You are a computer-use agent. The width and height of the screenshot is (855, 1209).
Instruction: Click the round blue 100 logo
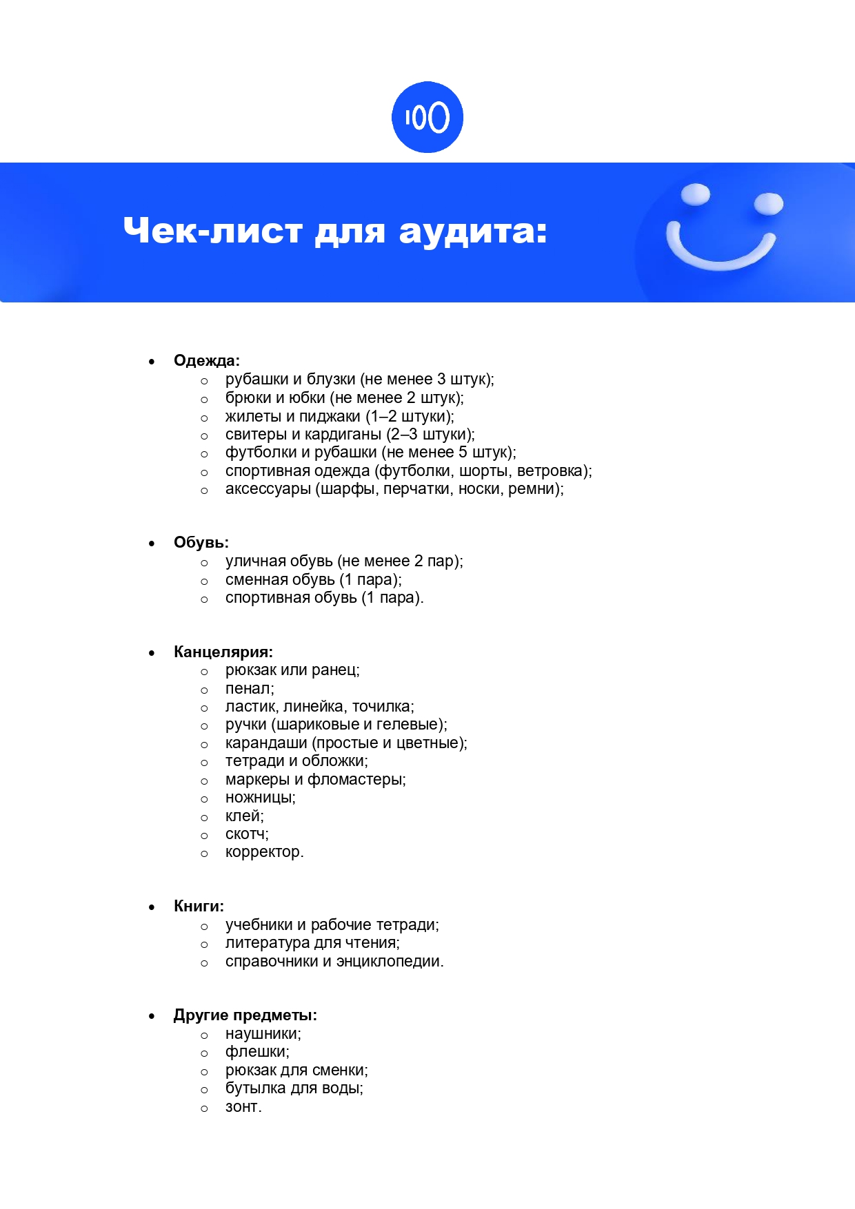click(x=427, y=117)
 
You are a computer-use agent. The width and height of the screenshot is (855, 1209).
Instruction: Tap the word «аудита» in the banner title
click(x=472, y=231)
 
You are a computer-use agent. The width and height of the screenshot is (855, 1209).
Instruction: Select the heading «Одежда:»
click(x=206, y=360)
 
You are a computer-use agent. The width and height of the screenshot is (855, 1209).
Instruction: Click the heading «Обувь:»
click(x=201, y=542)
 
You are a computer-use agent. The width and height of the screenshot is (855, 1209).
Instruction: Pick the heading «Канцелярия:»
click(x=223, y=652)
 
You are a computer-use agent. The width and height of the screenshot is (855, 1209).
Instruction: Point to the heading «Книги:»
click(x=199, y=906)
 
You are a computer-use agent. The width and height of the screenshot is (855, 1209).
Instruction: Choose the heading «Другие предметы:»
click(x=245, y=1015)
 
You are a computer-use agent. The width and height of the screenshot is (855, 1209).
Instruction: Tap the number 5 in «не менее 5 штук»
click(x=463, y=453)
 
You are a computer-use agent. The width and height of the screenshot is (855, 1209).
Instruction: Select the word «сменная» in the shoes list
click(x=253, y=580)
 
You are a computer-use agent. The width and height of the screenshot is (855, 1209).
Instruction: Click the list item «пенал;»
click(x=250, y=689)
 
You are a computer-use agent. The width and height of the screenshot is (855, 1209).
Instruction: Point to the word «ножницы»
click(x=259, y=798)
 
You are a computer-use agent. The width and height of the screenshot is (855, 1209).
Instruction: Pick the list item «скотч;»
click(x=247, y=834)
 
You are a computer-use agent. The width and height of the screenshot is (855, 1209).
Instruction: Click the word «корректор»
click(x=263, y=852)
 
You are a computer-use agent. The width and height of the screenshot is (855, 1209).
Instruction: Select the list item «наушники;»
click(x=263, y=1034)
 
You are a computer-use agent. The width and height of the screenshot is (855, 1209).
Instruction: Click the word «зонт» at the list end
click(x=242, y=1107)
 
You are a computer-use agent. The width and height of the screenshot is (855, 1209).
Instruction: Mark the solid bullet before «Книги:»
click(x=152, y=907)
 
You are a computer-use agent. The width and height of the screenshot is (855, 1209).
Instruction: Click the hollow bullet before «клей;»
click(x=204, y=818)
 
